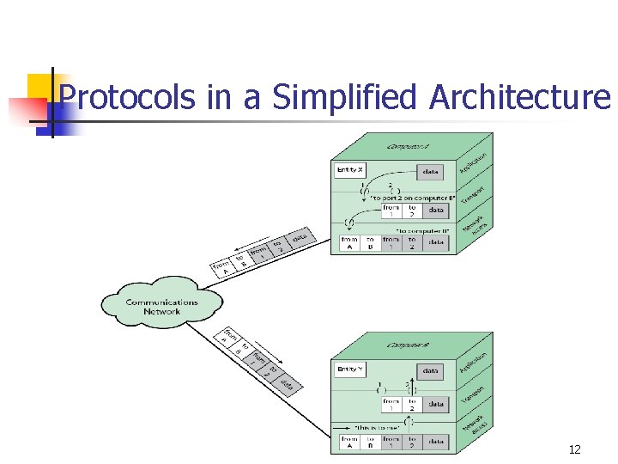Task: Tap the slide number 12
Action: pos(574,449)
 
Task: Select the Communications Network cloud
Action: pos(161,306)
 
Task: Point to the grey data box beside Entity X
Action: pos(431,171)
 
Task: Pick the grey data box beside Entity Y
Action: pos(431,370)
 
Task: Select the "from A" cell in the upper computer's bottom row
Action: pos(349,244)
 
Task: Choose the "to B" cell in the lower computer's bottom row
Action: pos(370,442)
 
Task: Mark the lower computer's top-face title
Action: pos(409,345)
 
